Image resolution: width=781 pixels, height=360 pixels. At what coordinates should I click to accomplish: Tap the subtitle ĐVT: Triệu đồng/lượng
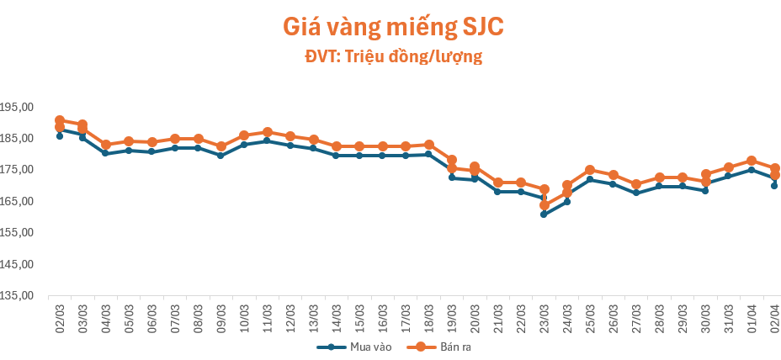click(392, 57)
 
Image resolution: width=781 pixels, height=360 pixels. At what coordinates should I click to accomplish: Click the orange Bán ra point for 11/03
click(267, 132)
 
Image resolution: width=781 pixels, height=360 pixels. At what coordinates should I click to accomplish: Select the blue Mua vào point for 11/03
click(267, 140)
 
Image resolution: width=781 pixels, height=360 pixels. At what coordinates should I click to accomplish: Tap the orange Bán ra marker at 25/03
click(590, 170)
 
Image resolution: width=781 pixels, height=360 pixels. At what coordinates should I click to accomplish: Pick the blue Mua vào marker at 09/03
click(220, 156)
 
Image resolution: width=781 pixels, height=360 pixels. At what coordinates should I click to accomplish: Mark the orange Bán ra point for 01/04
click(752, 161)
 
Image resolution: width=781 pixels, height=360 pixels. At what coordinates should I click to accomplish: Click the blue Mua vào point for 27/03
click(636, 193)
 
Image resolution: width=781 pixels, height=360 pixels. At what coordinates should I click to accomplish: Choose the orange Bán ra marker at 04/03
click(106, 145)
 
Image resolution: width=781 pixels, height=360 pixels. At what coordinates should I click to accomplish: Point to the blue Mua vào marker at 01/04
click(752, 170)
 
